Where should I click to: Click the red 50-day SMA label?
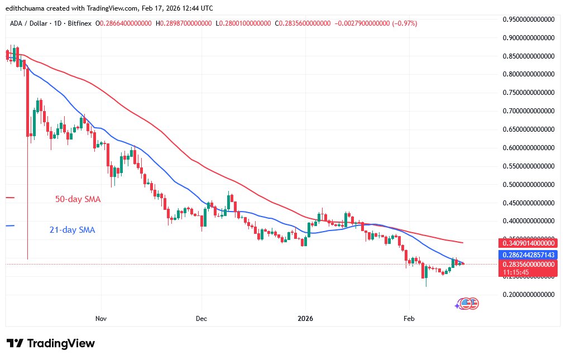pos(78,199)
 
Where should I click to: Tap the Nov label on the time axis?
pos(101,319)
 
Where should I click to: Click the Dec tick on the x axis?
pos(202,319)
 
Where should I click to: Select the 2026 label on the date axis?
pos(305,319)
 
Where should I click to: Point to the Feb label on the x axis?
pos(409,319)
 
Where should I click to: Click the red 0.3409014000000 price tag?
pos(527,243)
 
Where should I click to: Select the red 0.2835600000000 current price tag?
pos(527,264)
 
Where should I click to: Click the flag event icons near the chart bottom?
pos(468,304)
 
